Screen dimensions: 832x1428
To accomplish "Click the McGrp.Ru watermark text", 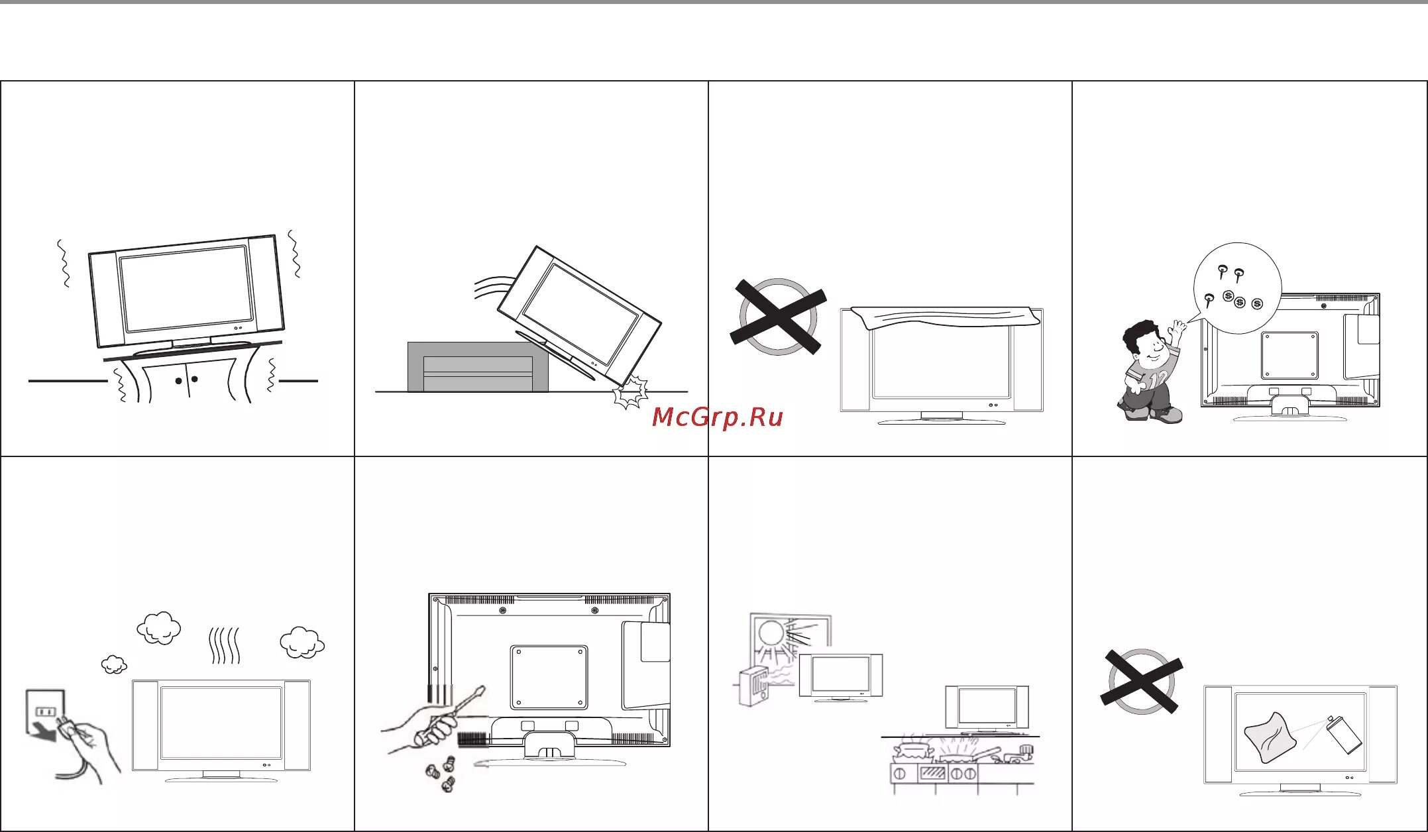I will [718, 417].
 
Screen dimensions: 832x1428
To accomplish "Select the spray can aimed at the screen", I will [1345, 735].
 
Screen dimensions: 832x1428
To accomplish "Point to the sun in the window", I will [771, 632].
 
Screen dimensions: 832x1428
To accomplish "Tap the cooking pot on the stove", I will [914, 750].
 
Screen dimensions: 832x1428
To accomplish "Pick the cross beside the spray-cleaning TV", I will [1141, 681].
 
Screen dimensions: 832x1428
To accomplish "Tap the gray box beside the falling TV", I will [477, 367].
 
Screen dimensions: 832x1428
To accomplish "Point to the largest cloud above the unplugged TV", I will [159, 627].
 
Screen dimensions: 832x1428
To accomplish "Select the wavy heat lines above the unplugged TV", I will [225, 646].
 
